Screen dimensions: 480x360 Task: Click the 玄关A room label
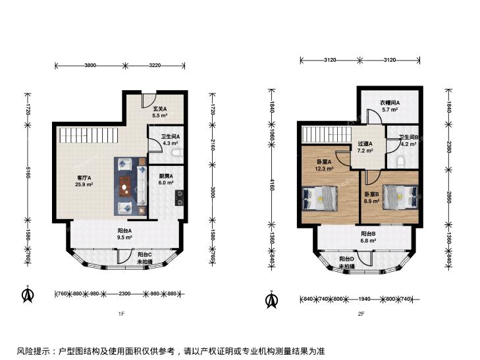pos(160,109)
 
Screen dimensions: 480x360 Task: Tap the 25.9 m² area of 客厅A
pos(84,184)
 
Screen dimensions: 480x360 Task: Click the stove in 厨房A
pos(179,198)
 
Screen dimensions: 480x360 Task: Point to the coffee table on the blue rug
pos(125,186)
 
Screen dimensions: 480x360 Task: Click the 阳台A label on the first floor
pos(124,231)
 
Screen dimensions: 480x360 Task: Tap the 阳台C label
pos(144,255)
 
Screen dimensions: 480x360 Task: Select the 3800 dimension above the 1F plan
pos(90,65)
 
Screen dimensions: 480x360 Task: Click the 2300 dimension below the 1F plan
pos(124,294)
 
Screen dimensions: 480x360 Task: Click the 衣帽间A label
pos(390,103)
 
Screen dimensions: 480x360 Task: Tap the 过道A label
pos(365,143)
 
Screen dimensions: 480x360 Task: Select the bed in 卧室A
pos(320,198)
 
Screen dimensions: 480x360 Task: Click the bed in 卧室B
pos(400,197)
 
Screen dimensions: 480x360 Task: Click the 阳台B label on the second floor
pos(368,234)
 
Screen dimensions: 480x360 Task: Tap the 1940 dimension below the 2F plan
pos(364,299)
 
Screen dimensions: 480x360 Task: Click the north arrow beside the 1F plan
pos(28,294)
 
